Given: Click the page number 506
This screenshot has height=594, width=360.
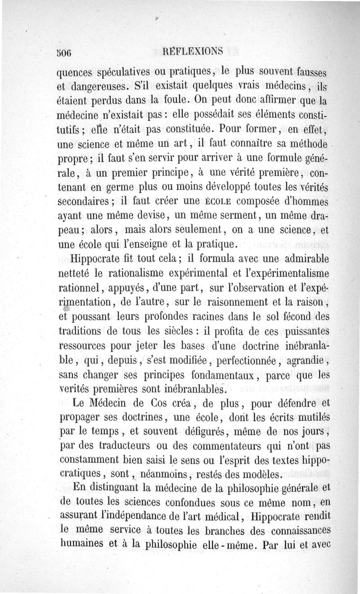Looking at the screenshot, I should coord(63,51).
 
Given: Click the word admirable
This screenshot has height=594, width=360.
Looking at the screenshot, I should coord(302,259).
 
